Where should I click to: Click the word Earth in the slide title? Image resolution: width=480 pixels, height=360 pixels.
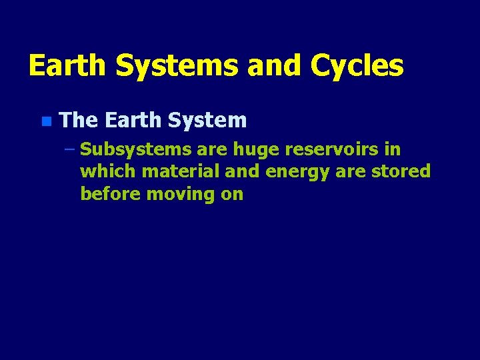pos(67,66)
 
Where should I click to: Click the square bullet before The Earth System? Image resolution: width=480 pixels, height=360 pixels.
pos(45,121)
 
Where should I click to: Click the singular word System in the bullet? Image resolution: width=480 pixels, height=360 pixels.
pos(207,121)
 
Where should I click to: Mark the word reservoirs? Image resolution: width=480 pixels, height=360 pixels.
pos(337,149)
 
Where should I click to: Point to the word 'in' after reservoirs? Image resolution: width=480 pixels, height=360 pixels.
pos(393,149)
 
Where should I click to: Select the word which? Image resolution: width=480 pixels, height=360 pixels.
pos(108,172)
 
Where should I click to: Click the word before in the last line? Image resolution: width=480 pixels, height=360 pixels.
pos(110,194)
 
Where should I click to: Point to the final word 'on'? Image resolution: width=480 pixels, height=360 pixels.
pos(233,194)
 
